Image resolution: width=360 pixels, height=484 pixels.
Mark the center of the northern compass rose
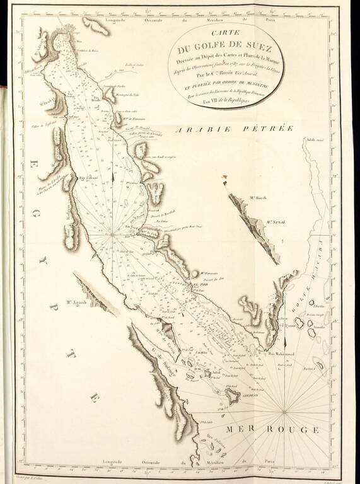coord(113,234)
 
